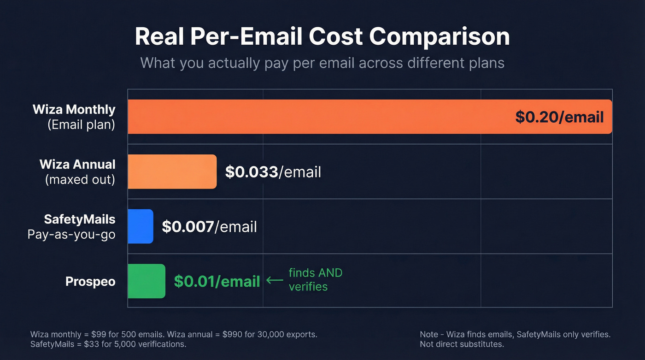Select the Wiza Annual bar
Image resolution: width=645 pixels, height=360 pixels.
tap(172, 171)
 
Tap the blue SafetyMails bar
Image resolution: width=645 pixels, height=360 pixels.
tap(140, 226)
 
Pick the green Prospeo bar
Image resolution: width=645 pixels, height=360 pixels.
tap(146, 281)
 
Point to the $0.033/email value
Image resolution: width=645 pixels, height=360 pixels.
tap(273, 172)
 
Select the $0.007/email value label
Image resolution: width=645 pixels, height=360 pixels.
tap(209, 227)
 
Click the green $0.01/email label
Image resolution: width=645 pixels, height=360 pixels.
tap(217, 281)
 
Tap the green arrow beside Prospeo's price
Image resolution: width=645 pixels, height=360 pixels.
tap(275, 280)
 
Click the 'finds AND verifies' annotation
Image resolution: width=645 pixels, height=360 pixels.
tap(315, 280)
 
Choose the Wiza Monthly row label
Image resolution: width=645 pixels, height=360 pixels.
tap(74, 110)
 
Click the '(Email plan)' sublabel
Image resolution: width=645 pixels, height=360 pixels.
tap(81, 124)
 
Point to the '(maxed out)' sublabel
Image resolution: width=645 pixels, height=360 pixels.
tap(80, 179)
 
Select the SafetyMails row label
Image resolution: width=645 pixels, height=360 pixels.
tap(79, 219)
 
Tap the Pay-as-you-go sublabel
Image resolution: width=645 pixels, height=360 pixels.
tap(71, 234)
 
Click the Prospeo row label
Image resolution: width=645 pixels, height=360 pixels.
tap(90, 281)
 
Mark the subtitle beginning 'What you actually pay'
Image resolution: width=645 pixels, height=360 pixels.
tap(322, 63)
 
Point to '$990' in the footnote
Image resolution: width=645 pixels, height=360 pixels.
tap(231, 334)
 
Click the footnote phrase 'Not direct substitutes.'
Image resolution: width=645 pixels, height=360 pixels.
tap(462, 344)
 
